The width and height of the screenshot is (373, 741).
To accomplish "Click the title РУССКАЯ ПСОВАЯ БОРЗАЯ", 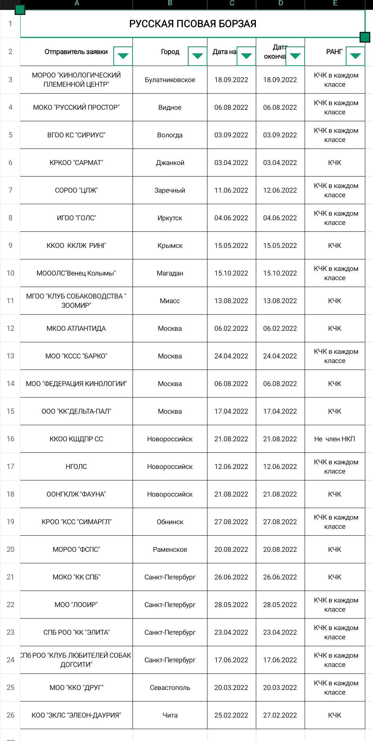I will pyautogui.click(x=192, y=24).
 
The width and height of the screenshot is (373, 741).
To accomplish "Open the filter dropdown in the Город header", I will pyautogui.click(x=197, y=56).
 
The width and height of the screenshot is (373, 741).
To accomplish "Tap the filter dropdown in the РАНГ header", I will pyautogui.click(x=355, y=56).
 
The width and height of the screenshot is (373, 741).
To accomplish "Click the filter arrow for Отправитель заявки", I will pyautogui.click(x=123, y=56).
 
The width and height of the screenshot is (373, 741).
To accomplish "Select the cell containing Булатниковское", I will pyautogui.click(x=170, y=80).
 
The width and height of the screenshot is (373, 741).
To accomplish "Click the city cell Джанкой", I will pyautogui.click(x=170, y=163).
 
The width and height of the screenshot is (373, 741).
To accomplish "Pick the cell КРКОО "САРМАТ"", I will pyautogui.click(x=76, y=163).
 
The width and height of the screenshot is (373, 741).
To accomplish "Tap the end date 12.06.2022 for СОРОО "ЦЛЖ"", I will pyautogui.click(x=280, y=190).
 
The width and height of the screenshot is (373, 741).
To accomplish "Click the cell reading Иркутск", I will pyautogui.click(x=170, y=218).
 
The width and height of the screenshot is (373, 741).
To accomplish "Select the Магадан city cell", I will pyautogui.click(x=170, y=273).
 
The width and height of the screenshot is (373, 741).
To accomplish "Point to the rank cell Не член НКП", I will pyautogui.click(x=335, y=439).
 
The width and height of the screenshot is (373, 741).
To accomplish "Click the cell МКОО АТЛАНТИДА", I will pyautogui.click(x=76, y=328).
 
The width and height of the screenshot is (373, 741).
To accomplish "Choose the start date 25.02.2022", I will pyautogui.click(x=231, y=715).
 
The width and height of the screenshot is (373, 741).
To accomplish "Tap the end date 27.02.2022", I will pyautogui.click(x=280, y=715).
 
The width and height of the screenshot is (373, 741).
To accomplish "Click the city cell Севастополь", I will pyautogui.click(x=170, y=688).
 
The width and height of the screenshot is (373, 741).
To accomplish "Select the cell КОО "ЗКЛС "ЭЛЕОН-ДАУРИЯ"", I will pyautogui.click(x=76, y=715).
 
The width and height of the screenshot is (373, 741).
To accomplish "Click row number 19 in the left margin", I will pyautogui.click(x=10, y=522).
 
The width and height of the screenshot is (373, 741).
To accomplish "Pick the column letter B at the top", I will pyautogui.click(x=170, y=3).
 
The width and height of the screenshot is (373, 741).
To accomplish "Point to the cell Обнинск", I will pyautogui.click(x=170, y=522).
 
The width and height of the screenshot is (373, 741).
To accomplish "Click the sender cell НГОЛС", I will pyautogui.click(x=76, y=467).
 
